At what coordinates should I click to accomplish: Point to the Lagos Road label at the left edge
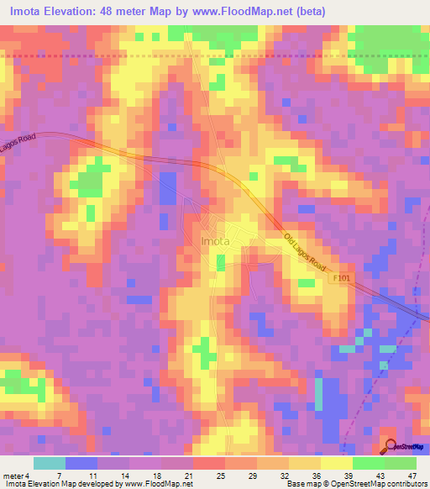pos(15,140)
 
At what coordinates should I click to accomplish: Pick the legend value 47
pos(412,475)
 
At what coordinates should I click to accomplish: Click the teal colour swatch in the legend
pos(49,463)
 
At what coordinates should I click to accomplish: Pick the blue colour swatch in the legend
pos(81,463)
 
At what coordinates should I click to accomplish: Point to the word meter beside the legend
pos(14,475)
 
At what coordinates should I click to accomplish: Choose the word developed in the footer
pos(98,484)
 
